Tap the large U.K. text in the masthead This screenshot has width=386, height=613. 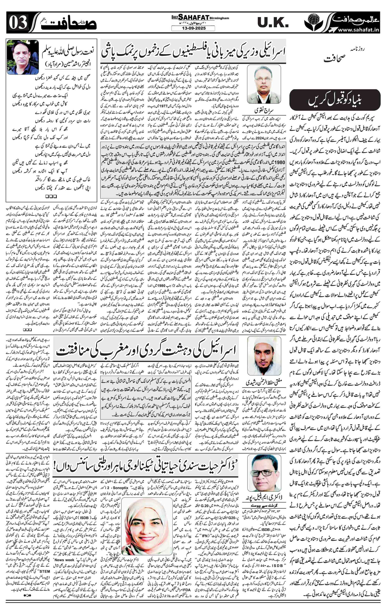(x=273, y=23)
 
